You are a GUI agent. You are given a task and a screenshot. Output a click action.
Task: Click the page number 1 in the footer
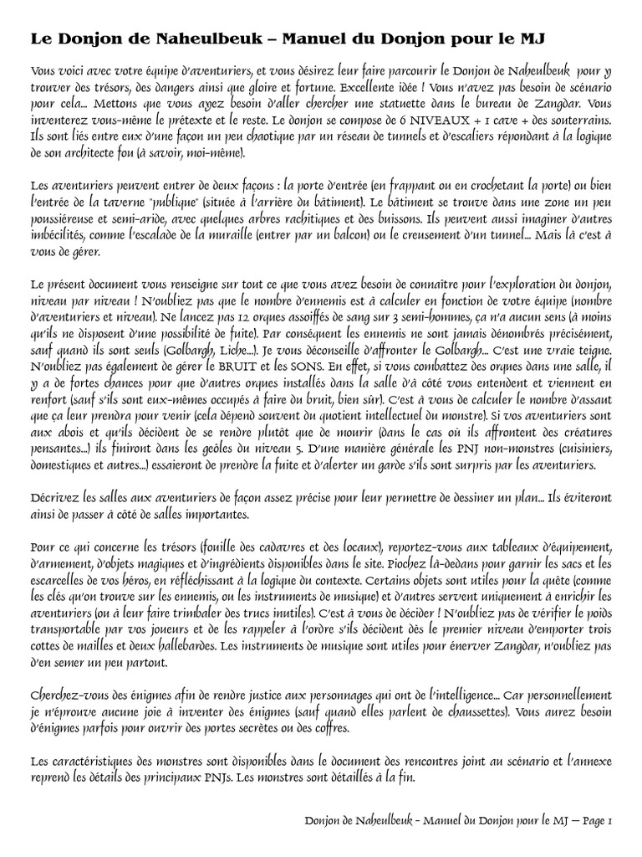[611, 823]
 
